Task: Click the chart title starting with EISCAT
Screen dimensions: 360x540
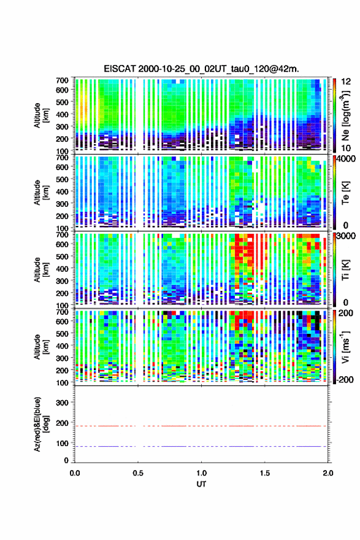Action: point(201,69)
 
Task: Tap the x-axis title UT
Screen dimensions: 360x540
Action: point(201,484)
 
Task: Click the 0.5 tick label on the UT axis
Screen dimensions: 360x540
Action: point(138,473)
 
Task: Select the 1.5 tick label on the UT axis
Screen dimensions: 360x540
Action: point(265,473)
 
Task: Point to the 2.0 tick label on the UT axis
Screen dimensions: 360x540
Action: point(328,473)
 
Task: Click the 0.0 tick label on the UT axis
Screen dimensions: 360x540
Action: point(75,473)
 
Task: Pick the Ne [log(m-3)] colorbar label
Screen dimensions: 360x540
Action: point(345,115)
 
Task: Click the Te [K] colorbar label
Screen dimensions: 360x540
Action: point(345,192)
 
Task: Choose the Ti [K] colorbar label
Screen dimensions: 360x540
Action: point(345,269)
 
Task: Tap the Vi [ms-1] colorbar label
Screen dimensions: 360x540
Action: point(345,347)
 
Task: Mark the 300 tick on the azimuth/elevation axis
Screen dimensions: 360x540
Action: point(63,403)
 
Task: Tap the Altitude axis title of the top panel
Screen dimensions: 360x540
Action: point(42,115)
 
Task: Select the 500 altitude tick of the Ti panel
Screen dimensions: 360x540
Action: point(63,256)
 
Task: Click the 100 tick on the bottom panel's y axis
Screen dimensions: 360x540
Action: point(63,443)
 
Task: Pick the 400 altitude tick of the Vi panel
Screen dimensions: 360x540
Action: point(63,345)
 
